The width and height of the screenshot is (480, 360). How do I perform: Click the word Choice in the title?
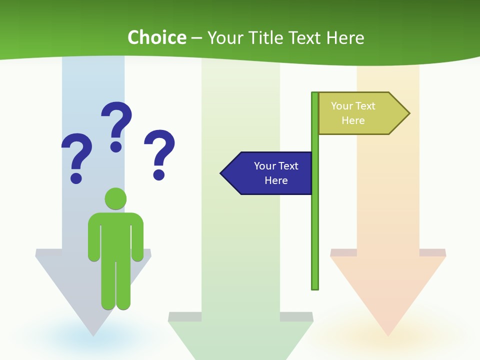click(x=157, y=37)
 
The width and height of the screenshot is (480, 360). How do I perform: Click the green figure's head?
click(x=115, y=198)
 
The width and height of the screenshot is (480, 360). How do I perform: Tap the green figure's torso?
click(x=115, y=235)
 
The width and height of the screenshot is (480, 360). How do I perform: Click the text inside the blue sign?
click(x=276, y=173)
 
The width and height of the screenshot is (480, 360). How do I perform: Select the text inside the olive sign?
click(x=353, y=113)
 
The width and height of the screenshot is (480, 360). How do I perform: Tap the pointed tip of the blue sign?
click(x=222, y=173)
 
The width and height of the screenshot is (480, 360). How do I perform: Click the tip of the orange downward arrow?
click(x=388, y=334)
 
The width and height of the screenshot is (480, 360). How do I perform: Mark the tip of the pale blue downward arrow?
click(x=93, y=334)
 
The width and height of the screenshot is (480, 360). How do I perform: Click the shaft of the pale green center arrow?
click(x=240, y=225)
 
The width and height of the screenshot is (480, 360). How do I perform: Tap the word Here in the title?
click(x=345, y=37)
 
